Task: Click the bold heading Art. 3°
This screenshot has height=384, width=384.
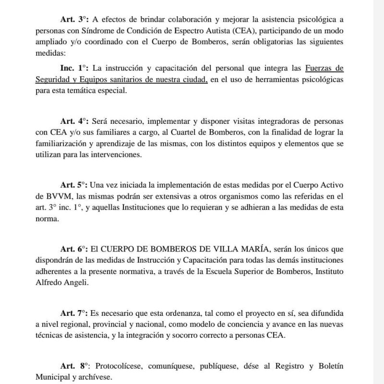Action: [x=73, y=20]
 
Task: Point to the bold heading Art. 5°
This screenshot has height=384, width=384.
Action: [x=73, y=185]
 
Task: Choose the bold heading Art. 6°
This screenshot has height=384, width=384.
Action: [x=73, y=249]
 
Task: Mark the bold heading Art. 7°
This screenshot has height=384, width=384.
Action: [x=73, y=313]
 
